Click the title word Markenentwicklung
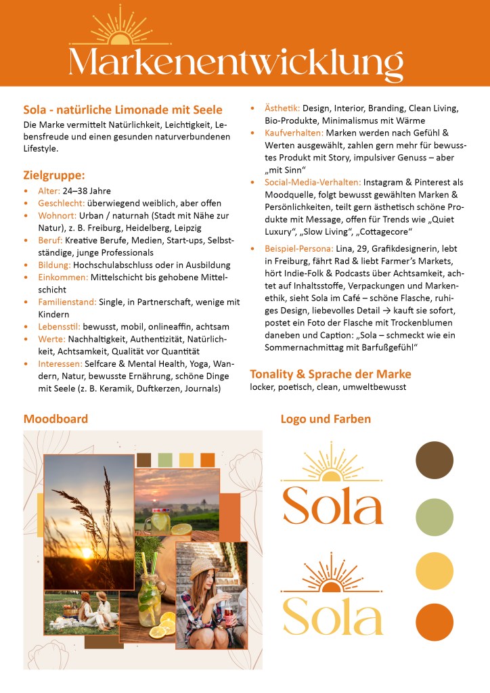(x=236, y=62)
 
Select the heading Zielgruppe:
(x=53, y=175)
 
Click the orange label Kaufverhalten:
(x=294, y=133)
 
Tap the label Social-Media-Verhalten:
(x=313, y=182)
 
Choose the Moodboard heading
(x=55, y=419)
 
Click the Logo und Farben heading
(x=326, y=419)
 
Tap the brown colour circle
(x=434, y=459)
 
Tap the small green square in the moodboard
(x=165, y=460)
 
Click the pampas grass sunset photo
(x=89, y=521)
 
